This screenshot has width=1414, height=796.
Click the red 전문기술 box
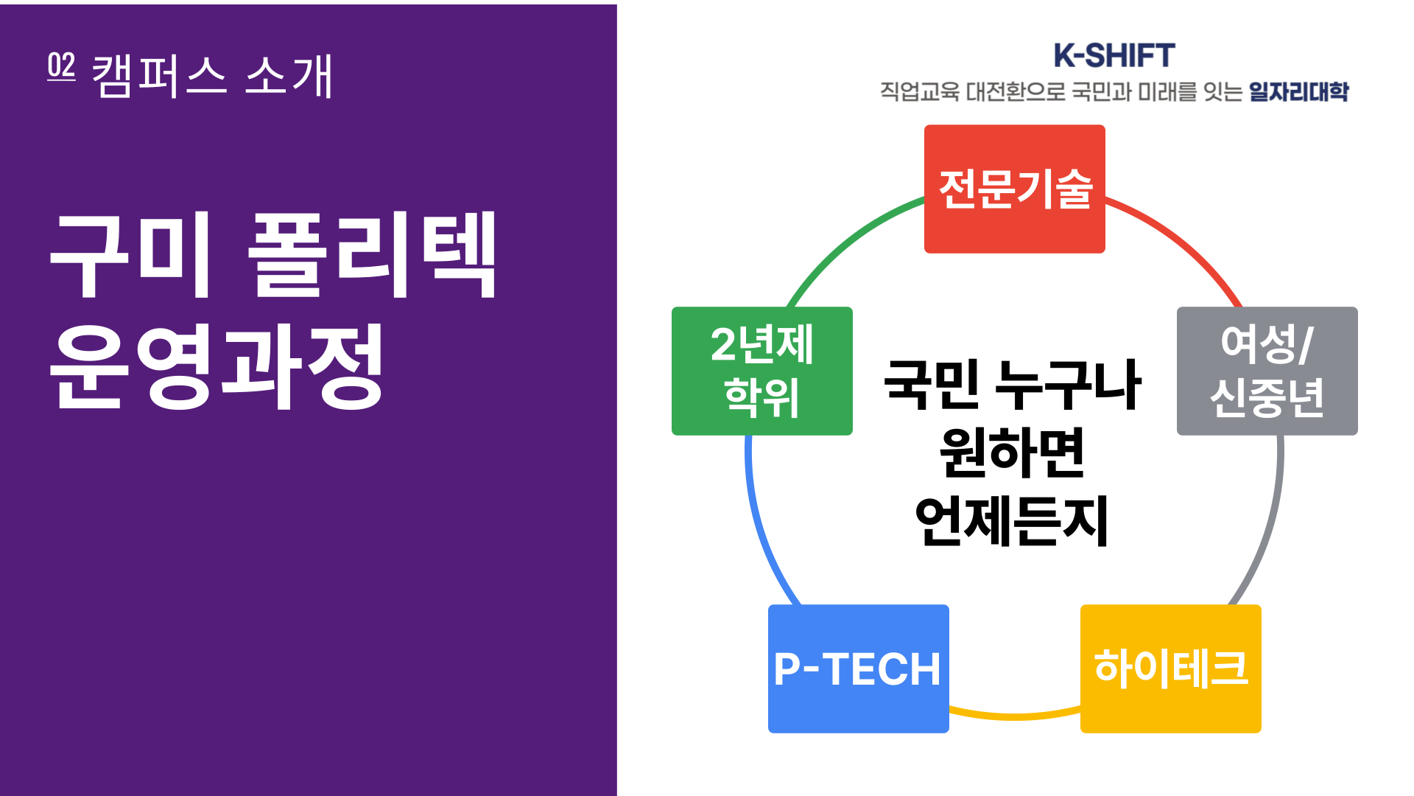click(1014, 189)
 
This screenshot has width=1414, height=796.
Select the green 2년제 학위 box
click(762, 371)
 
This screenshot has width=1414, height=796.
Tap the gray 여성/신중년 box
click(1267, 371)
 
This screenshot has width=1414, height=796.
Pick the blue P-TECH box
click(858, 668)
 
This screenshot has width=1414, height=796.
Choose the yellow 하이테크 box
click(1170, 668)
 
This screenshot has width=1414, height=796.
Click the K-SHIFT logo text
click(1114, 56)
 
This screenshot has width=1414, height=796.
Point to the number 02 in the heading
click(61, 66)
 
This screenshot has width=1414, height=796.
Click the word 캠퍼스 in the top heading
click(159, 76)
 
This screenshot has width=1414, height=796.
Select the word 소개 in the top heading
click(289, 76)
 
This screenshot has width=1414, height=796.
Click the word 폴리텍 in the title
click(372, 254)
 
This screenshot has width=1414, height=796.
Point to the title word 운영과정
click(217, 366)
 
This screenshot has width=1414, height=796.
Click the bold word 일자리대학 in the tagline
click(1298, 91)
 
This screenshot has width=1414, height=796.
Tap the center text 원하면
click(1013, 453)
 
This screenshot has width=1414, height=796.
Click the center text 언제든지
click(1012, 521)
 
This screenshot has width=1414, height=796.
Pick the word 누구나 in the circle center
click(1068, 385)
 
